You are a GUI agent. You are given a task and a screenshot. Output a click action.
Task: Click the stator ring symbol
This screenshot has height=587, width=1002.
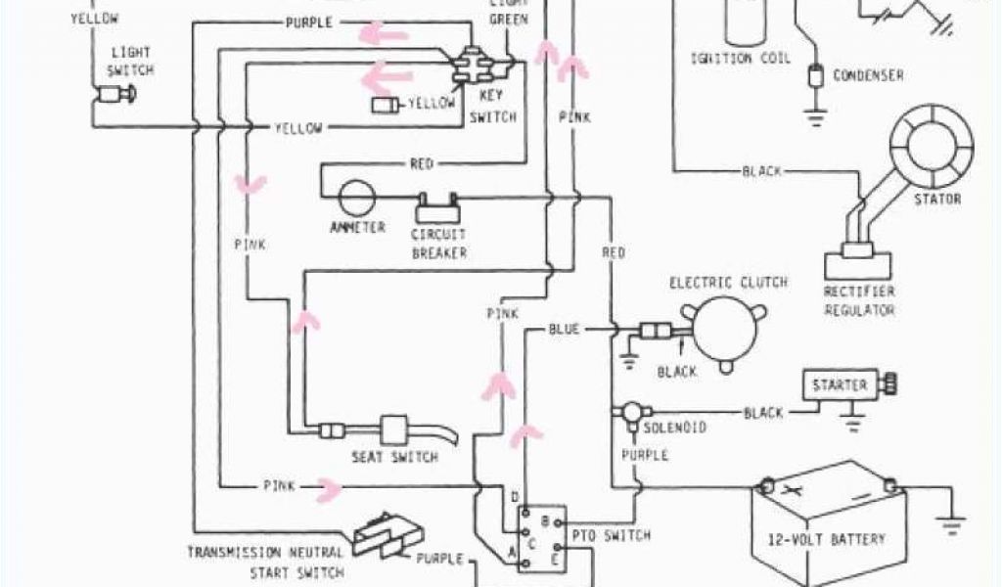click(938, 147)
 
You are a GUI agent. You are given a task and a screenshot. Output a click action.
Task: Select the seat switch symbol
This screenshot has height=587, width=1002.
click(394, 430)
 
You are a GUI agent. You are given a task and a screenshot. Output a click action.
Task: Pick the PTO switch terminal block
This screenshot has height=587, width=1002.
click(540, 537)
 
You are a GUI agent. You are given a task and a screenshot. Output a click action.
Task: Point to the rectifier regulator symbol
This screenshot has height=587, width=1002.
click(857, 265)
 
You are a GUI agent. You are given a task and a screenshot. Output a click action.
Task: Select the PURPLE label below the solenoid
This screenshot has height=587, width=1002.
click(644, 455)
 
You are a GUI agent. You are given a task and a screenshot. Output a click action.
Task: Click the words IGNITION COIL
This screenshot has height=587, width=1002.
click(741, 59)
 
